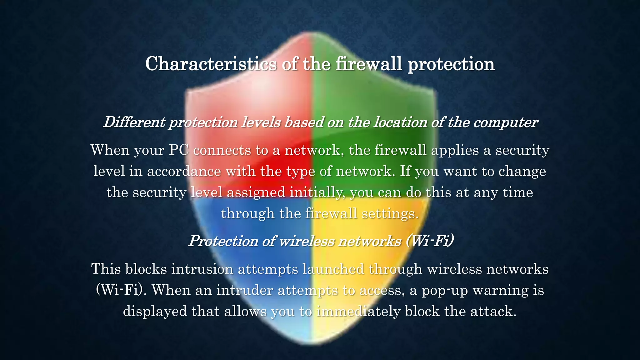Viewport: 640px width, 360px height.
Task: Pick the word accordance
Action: [184, 171]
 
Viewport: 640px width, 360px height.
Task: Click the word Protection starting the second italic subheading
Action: [223, 241]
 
